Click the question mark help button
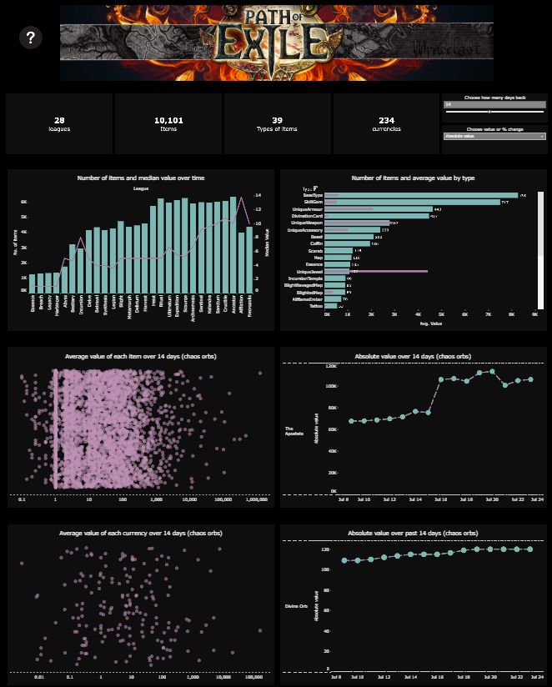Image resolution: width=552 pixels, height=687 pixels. [31, 38]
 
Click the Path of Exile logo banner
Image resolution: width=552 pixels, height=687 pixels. [276, 43]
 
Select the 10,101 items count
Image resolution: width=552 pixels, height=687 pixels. [168, 120]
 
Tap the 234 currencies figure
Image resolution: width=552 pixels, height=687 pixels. [386, 120]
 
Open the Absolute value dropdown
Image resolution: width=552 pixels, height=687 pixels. [494, 136]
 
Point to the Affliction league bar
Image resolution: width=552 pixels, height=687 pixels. [242, 261]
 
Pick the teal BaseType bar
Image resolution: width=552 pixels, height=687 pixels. [421, 195]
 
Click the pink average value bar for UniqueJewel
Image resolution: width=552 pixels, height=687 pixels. [376, 271]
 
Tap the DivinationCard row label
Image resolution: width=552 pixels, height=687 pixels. [306, 216]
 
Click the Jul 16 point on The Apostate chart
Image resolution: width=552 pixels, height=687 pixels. [441, 379]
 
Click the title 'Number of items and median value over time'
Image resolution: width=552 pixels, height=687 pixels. [141, 178]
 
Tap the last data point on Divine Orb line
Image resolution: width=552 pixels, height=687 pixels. [529, 549]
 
